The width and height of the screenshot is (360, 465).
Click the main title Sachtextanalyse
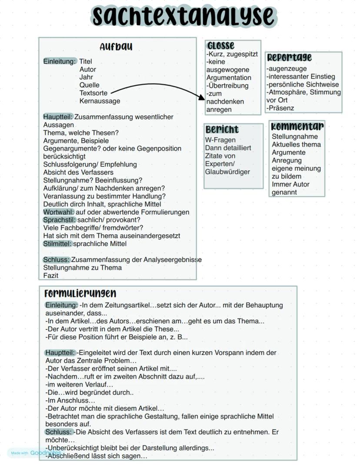[183, 16]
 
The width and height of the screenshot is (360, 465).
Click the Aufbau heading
[116, 47]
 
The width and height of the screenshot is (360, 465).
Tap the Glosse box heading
[221, 45]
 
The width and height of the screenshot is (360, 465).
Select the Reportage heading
[289, 57]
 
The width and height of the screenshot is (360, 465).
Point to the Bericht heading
[222, 130]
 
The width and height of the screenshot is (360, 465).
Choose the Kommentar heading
[297, 126]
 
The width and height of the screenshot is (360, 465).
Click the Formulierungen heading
[80, 293]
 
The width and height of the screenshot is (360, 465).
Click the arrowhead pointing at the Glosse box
[201, 97]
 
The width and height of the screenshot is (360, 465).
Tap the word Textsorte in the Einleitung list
[93, 93]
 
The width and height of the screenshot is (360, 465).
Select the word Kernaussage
[100, 101]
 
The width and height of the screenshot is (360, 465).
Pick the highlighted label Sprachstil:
[60, 220]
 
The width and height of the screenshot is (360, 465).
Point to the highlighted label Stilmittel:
[58, 244]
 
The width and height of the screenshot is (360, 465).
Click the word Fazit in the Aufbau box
[51, 276]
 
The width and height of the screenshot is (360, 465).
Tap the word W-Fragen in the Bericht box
[220, 140]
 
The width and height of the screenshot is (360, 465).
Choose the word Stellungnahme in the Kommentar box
[295, 136]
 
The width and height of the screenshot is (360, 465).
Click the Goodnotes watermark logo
[46, 453]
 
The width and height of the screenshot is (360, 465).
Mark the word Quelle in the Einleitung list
[89, 85]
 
